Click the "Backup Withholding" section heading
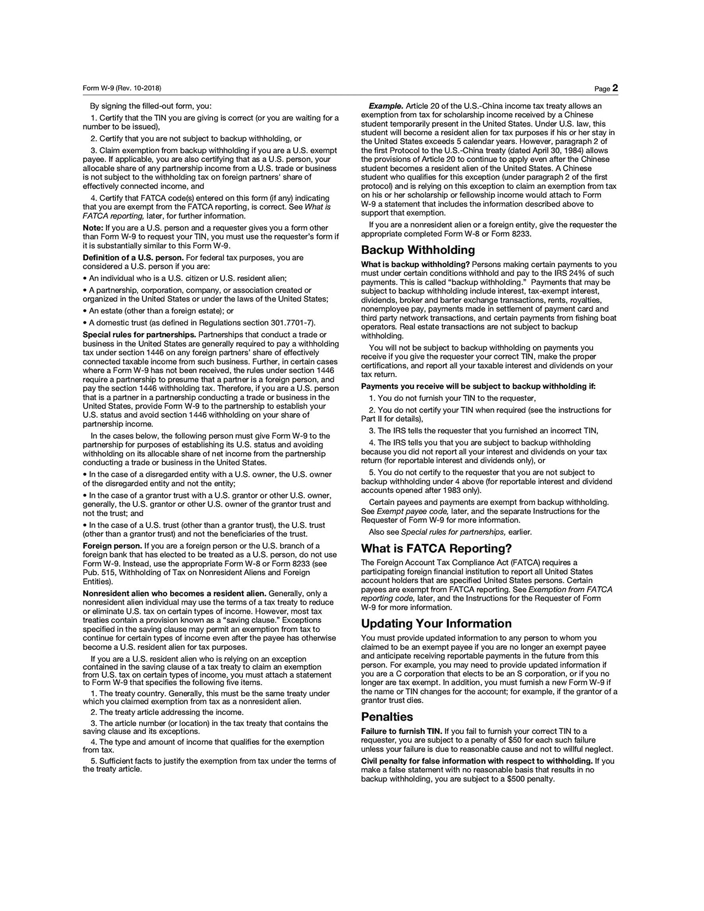(418, 250)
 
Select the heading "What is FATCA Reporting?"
(436, 548)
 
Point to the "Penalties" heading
(387, 717)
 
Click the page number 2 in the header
(615, 88)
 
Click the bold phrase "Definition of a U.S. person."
(133, 258)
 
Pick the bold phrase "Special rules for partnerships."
(139, 335)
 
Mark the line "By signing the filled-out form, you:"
(151, 106)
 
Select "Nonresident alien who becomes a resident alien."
(174, 594)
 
